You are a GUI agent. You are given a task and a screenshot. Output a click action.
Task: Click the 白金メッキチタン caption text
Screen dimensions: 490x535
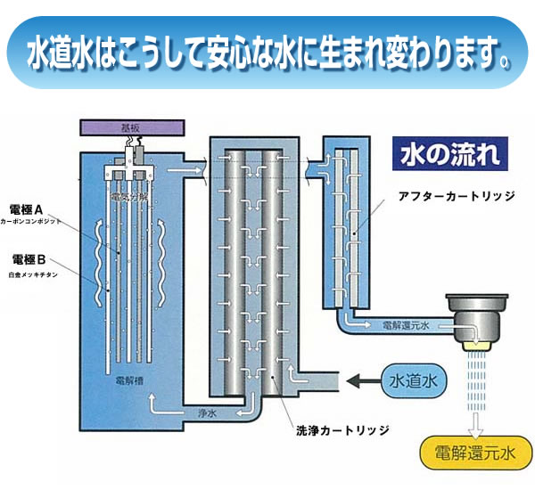coord(35,274)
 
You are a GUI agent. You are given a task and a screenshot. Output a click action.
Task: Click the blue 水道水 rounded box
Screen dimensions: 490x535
coord(413,381)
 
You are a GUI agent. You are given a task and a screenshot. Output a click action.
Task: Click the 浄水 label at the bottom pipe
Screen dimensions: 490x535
coord(205,412)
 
